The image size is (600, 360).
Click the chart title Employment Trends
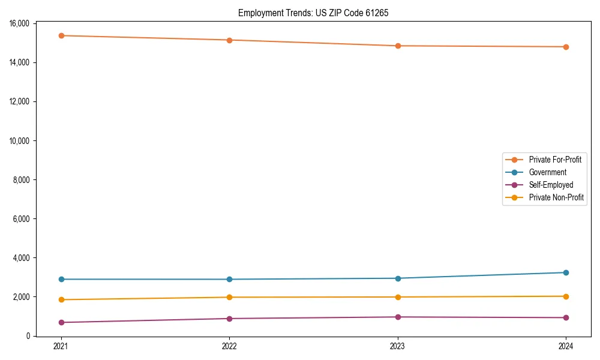313,13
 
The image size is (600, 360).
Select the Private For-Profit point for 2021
61,35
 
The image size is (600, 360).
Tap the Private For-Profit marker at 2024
566,47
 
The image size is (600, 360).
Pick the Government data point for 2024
566,272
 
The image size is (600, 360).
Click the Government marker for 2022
229,279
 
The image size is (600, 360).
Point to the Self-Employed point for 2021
61,322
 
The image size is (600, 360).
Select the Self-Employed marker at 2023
398,317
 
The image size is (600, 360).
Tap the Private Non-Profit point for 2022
229,297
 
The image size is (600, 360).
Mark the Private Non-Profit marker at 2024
566,296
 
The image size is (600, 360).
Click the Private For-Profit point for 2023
398,46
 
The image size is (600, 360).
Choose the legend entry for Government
547,172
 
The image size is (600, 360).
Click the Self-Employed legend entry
551,185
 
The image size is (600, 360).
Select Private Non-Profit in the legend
556,197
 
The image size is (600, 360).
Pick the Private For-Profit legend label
555,160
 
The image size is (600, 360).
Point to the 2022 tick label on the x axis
229,346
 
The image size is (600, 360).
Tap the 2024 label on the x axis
566,346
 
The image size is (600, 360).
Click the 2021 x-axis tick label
61,346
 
